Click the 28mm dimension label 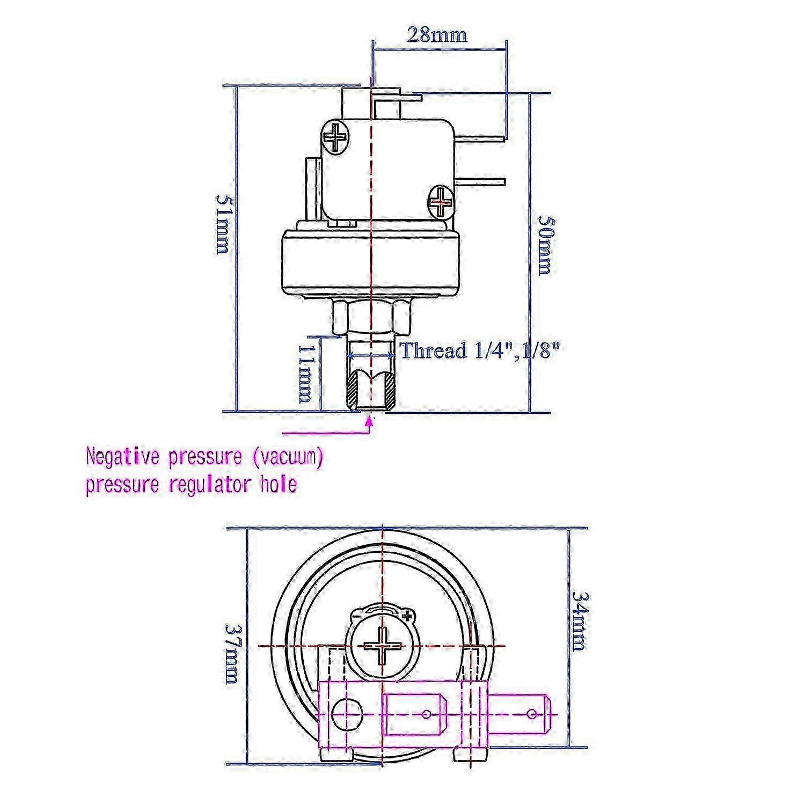click(437, 35)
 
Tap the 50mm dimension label click(546, 245)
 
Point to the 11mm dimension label click(305, 372)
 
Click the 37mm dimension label click(232, 653)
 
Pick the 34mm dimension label click(579, 620)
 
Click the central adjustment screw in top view click(382, 645)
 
